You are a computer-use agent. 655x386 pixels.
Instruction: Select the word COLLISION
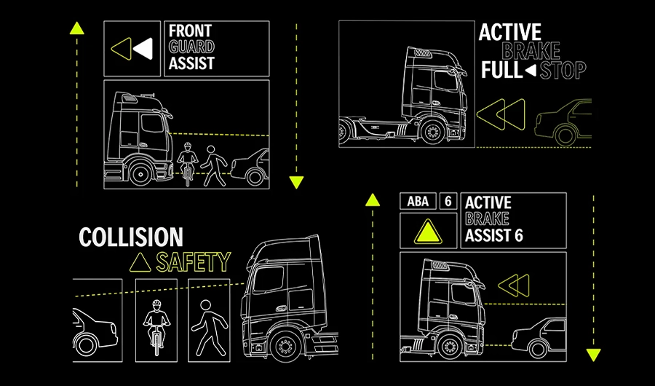[x=131, y=237]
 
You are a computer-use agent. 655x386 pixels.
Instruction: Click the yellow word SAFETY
[x=194, y=262]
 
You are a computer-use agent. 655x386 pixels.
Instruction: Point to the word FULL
[x=501, y=70]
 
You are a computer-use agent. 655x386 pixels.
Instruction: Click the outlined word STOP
[x=563, y=70]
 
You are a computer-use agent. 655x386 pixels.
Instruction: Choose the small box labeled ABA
[x=418, y=201]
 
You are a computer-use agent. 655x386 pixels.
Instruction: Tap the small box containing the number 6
[x=448, y=201]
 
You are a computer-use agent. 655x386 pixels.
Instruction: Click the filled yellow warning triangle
[x=428, y=232]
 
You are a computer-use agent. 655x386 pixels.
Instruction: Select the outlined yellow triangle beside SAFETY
[x=140, y=263]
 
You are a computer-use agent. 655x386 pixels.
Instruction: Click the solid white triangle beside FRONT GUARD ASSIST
[x=143, y=49]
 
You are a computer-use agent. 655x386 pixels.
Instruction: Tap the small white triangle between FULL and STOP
[x=531, y=71]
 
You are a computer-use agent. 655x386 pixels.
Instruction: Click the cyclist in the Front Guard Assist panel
[x=188, y=164]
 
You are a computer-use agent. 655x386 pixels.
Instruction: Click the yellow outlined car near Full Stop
[x=563, y=122]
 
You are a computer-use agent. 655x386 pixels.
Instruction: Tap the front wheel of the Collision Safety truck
[x=286, y=346]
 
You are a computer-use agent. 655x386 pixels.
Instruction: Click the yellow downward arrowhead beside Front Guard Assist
[x=296, y=182]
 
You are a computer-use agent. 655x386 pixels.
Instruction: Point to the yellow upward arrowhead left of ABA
[x=373, y=200]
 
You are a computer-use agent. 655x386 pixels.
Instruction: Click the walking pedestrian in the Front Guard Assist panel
[x=213, y=165]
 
